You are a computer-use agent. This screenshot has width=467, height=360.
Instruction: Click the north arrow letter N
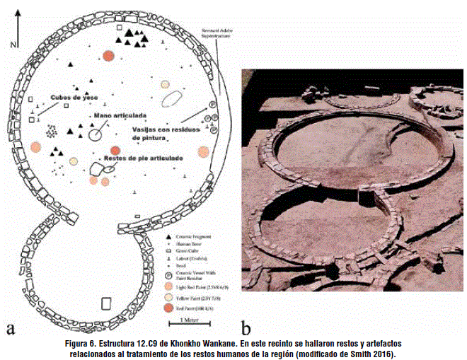(13, 45)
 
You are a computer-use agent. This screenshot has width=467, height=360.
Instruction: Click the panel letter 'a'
(11, 329)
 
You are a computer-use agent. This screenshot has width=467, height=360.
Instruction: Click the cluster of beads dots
(51, 131)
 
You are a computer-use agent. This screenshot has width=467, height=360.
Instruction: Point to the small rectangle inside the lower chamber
(106, 304)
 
